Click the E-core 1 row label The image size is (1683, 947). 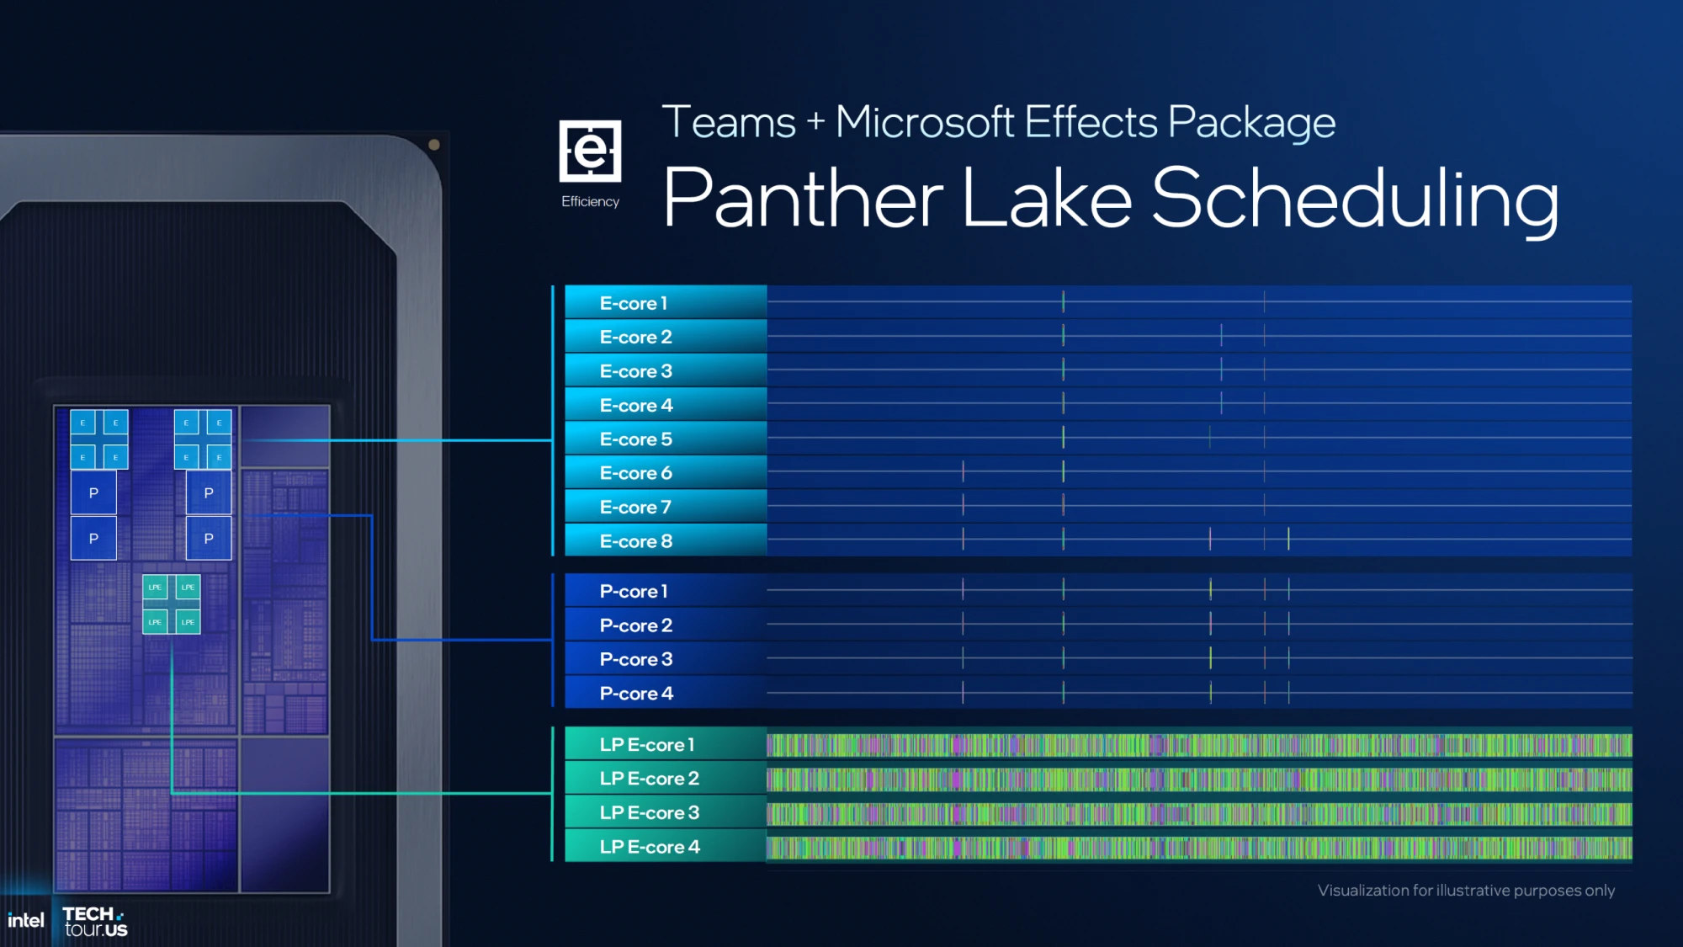pos(633,303)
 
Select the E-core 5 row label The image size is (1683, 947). pos(635,439)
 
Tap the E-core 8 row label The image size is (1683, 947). pos(635,541)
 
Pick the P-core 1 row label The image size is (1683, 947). pos(634,592)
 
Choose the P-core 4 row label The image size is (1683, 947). pos(636,694)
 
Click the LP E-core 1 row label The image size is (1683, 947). pos(647,745)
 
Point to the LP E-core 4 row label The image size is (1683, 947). pos(650,847)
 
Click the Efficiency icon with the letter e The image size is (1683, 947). pos(590,152)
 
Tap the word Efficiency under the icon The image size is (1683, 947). pos(590,202)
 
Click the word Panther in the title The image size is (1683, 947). pos(803,199)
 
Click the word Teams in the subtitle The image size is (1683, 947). pos(729,123)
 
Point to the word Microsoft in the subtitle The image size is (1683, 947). pos(925,123)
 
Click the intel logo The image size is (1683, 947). pos(25,921)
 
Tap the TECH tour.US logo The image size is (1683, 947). pos(95,922)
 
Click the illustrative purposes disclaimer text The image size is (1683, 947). pos(1466,891)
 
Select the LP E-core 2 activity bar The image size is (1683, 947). pos(1199,779)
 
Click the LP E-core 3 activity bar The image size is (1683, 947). pos(1199,813)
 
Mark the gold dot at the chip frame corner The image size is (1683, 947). pos(434,145)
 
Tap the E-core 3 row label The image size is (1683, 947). pos(635,371)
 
